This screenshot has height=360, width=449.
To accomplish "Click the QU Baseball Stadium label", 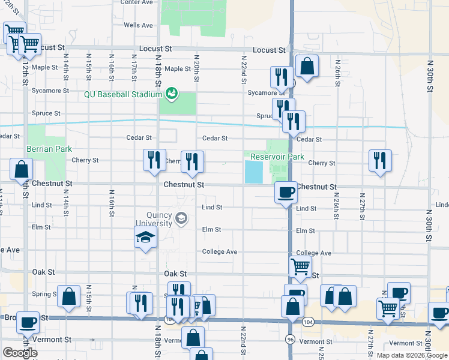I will [123, 94].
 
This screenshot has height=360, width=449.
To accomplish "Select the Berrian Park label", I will [49, 149].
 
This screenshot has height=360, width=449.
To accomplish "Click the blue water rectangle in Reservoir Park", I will [253, 173].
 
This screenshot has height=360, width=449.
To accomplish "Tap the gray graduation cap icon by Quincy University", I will [181, 219].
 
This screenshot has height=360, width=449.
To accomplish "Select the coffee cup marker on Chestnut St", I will [286, 192].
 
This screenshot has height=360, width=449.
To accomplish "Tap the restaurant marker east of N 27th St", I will [380, 161].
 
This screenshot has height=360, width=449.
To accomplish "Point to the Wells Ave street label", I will [138, 25].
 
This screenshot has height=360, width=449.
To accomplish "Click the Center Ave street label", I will [136, 2].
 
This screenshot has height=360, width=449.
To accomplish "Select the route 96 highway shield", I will [289, 339].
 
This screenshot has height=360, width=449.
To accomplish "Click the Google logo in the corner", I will [20, 353].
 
